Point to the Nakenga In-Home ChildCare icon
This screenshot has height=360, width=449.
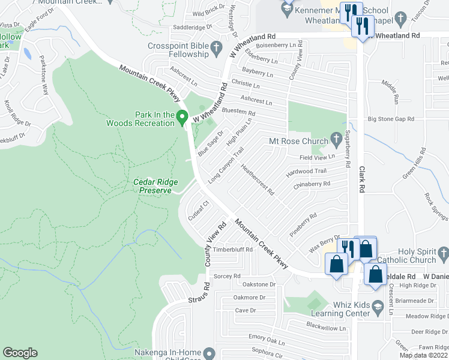(x=208, y=352)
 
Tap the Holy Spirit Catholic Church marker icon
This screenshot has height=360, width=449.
(x=444, y=255)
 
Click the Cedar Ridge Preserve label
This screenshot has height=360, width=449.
(x=152, y=186)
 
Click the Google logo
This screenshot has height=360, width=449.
(x=20, y=353)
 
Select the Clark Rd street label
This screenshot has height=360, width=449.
(x=362, y=179)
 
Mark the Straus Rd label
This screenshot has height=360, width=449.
(x=197, y=293)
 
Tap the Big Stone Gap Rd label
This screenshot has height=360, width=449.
(x=391, y=119)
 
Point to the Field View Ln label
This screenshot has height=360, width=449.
(x=317, y=157)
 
